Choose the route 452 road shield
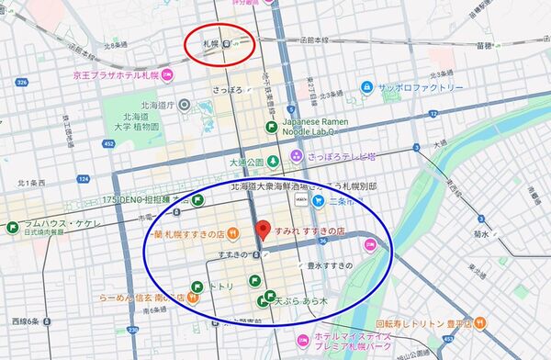[x=109, y=143]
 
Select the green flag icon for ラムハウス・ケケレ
[x=15, y=226]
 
